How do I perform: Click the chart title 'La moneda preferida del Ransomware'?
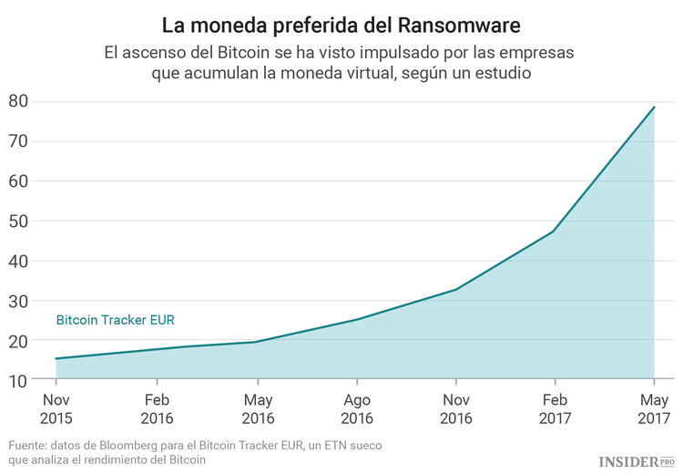(341, 23)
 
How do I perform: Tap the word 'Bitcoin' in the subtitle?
(250, 53)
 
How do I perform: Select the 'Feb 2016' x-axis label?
(157, 409)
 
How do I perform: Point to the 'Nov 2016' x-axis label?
(455, 409)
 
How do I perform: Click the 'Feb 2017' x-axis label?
(555, 409)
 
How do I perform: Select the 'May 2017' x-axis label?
(653, 409)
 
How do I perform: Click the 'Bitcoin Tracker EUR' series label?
(116, 320)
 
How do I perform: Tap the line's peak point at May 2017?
(654, 108)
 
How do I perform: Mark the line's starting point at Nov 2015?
(57, 358)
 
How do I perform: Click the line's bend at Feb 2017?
(554, 231)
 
